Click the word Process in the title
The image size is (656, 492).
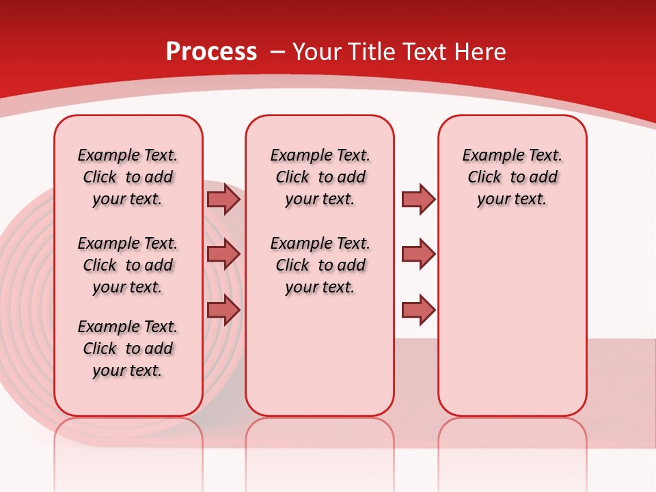tap(211, 51)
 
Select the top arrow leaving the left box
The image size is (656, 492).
tap(223, 199)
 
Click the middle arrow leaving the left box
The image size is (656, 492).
tap(223, 254)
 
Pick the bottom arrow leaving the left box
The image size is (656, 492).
tap(223, 310)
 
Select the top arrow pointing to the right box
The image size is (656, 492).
tap(418, 199)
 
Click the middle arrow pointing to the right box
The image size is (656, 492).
tap(418, 254)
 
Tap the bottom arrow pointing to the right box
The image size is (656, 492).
tap(418, 310)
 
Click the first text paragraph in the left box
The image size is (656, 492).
tap(128, 177)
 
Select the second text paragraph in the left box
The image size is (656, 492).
tap(128, 265)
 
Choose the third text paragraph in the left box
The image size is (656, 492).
tap(128, 348)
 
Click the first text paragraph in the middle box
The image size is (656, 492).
tap(320, 177)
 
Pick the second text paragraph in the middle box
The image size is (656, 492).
tap(320, 265)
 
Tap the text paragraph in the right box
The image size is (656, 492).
tap(512, 177)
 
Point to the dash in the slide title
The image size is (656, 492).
tap(277, 52)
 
